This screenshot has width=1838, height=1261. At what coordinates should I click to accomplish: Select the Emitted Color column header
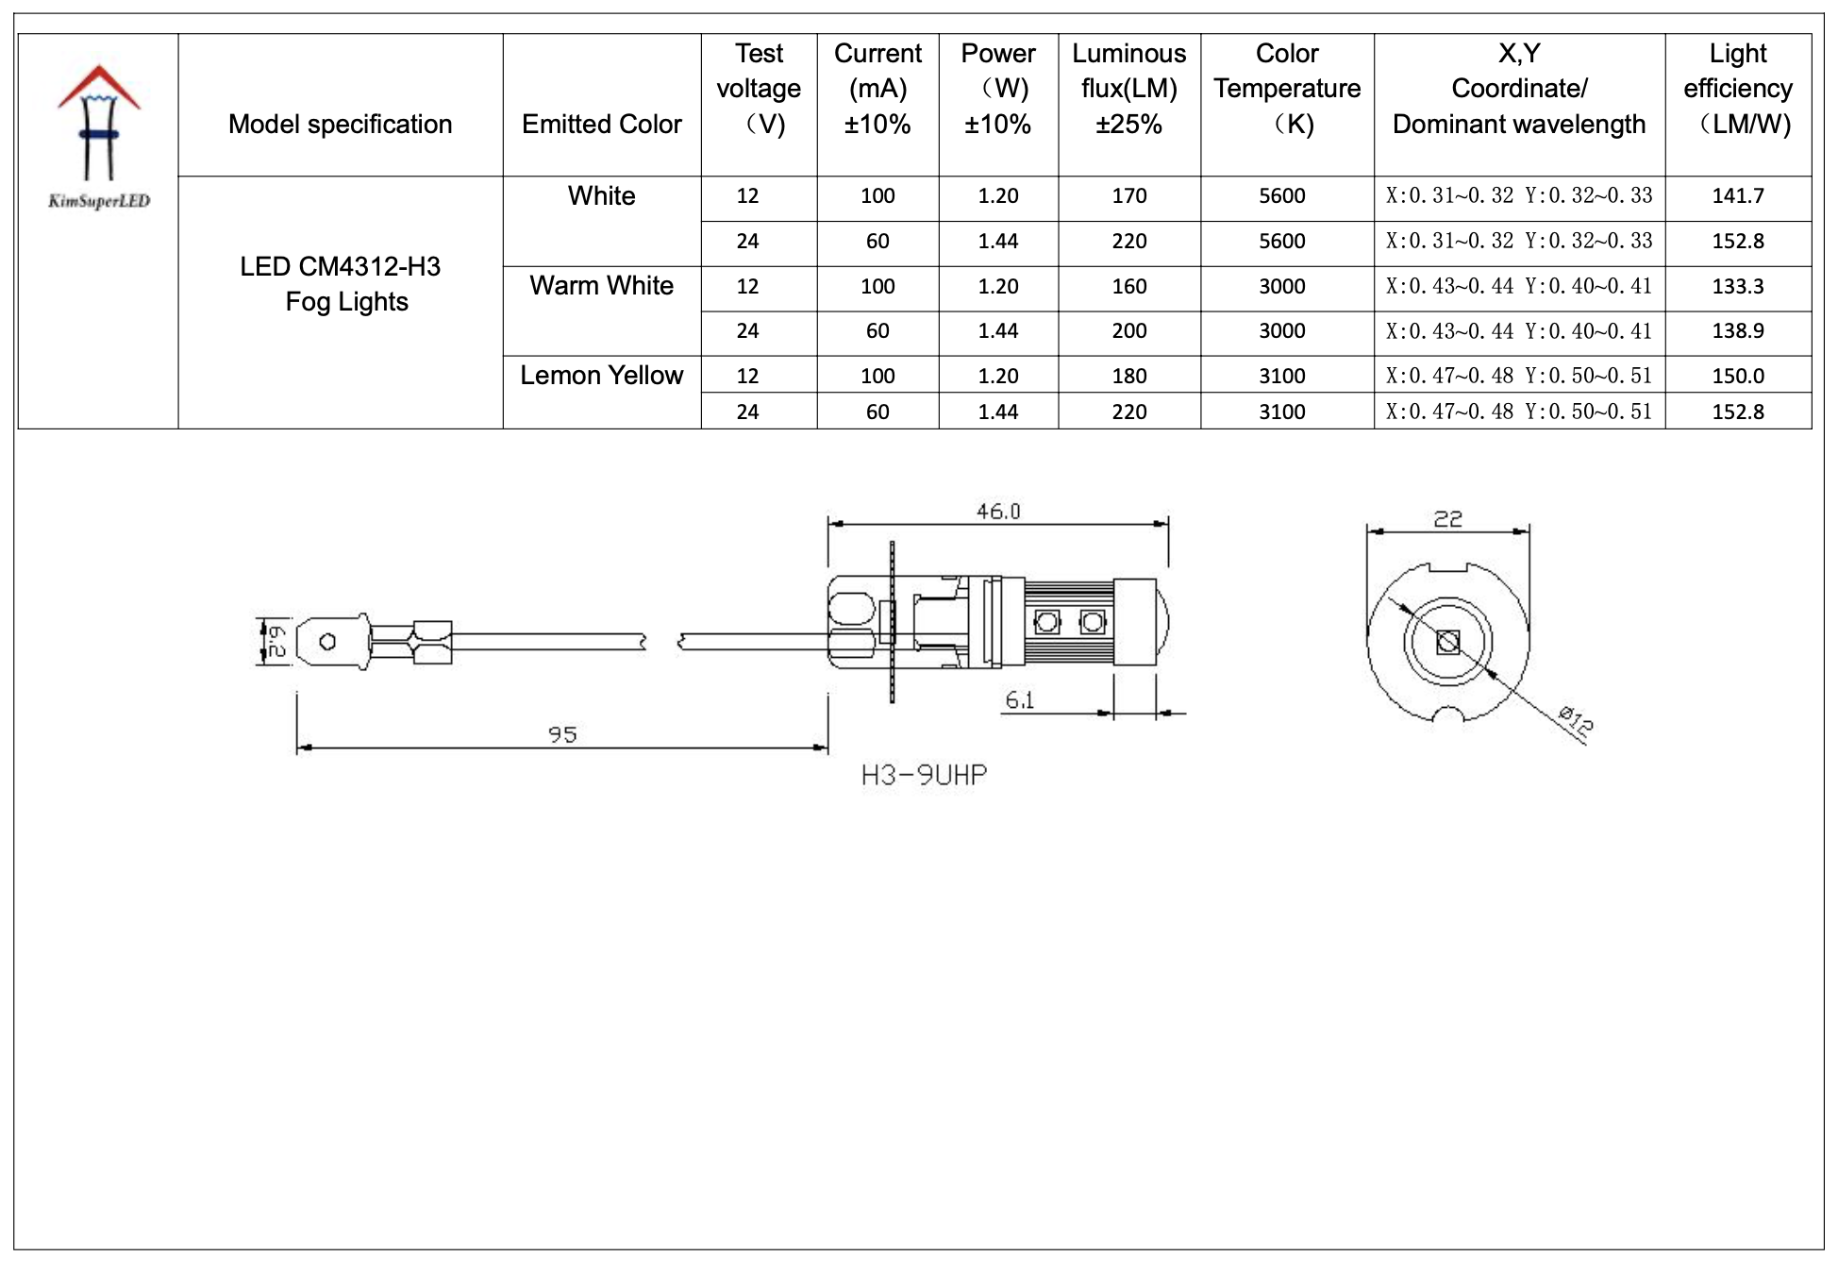(x=601, y=124)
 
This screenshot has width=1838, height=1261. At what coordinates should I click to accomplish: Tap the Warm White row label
(x=601, y=285)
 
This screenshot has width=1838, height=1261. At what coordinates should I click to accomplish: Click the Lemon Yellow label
(x=601, y=375)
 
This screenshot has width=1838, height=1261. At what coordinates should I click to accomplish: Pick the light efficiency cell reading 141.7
(x=1737, y=196)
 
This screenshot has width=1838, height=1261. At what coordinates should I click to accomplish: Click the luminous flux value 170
(x=1128, y=196)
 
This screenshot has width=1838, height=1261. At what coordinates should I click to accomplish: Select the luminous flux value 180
(x=1128, y=376)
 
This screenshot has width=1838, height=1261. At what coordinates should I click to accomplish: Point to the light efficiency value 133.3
(x=1737, y=286)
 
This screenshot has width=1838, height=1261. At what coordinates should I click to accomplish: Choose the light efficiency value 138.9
(x=1737, y=330)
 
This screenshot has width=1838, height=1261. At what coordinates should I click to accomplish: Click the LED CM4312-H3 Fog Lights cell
(x=341, y=284)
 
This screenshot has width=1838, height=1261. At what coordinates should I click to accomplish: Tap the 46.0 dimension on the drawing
(x=997, y=512)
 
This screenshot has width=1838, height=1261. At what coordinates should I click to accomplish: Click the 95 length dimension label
(x=562, y=734)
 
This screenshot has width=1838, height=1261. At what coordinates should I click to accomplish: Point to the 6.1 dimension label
(x=1019, y=700)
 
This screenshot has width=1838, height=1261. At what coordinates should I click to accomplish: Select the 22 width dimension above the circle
(x=1447, y=519)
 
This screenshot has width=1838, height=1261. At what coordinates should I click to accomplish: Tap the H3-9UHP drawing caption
(x=924, y=776)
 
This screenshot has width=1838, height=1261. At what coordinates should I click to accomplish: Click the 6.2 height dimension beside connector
(x=275, y=642)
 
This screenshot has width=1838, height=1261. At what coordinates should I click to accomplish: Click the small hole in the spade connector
(x=327, y=642)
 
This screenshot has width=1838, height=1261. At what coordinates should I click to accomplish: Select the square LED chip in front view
(x=1447, y=643)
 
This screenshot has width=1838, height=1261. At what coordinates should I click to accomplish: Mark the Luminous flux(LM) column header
(x=1128, y=89)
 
